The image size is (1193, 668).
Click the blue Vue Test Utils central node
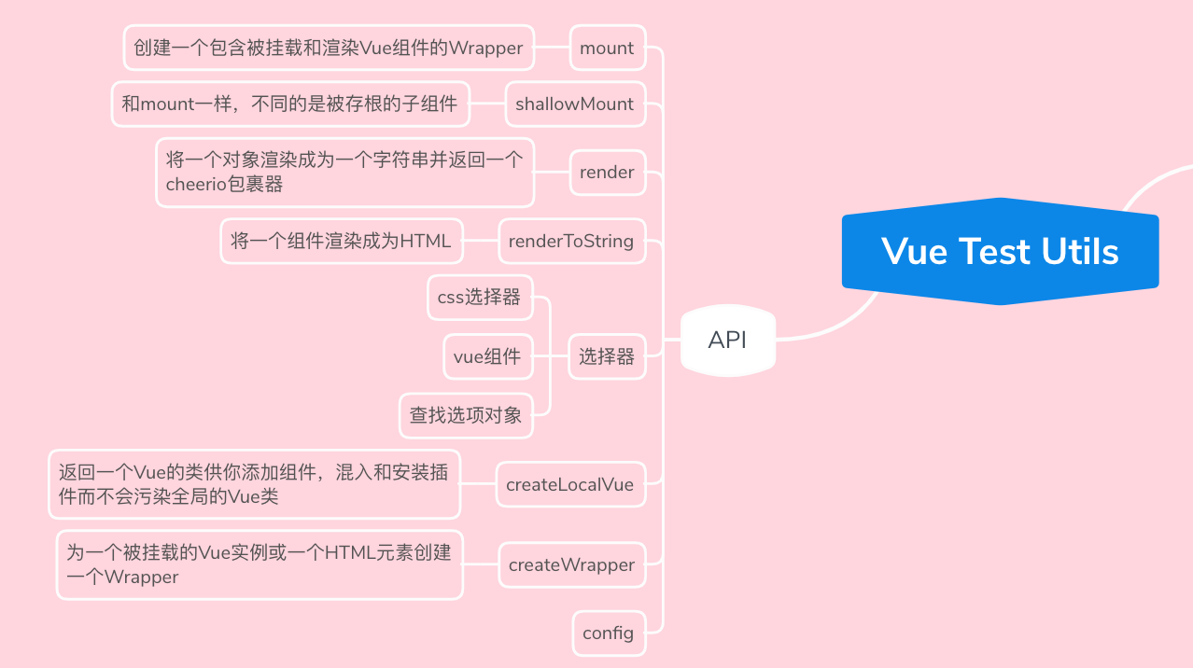tap(1000, 251)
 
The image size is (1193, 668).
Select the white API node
tap(727, 341)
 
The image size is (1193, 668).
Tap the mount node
tap(607, 48)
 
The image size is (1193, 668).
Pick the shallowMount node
tap(574, 104)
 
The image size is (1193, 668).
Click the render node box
tap(607, 173)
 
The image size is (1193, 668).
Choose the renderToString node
tap(571, 241)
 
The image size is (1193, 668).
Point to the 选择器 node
tap(607, 356)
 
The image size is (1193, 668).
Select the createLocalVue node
tap(569, 484)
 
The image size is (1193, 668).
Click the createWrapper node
tap(571, 564)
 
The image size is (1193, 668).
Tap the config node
tap(608, 633)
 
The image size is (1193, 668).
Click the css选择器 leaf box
tap(479, 298)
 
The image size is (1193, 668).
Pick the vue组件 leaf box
tap(487, 356)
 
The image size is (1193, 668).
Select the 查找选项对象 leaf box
tap(466, 415)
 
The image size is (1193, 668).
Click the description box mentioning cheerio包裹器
tap(344, 173)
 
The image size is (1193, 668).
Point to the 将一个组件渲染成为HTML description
tap(341, 241)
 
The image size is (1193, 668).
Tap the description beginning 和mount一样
tap(289, 104)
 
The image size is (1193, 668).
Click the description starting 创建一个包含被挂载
tap(329, 48)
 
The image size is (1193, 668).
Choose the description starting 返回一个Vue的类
tap(254, 484)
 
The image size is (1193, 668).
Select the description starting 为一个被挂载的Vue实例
tap(259, 564)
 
